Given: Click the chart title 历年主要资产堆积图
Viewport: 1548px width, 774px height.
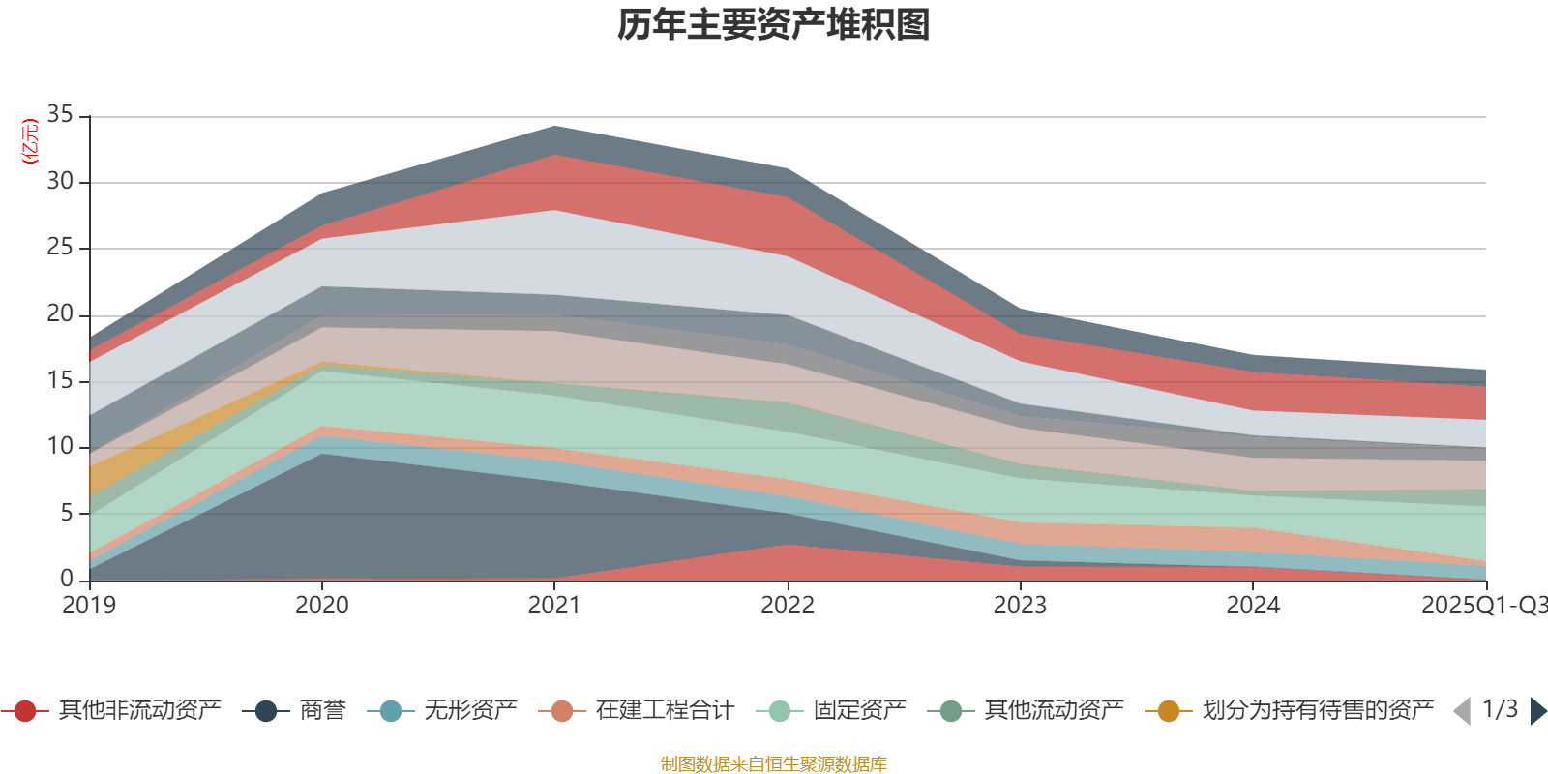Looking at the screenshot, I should point(774,25).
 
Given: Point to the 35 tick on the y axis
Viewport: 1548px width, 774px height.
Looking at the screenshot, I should point(60,115).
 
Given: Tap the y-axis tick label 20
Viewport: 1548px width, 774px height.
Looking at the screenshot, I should point(60,314).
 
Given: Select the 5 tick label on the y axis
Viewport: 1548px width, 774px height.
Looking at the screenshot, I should point(67,513).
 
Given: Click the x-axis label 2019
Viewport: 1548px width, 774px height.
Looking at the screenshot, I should point(89,606).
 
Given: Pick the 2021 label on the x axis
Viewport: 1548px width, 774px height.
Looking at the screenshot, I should point(554,606).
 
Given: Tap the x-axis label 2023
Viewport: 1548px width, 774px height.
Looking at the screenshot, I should point(1020,606).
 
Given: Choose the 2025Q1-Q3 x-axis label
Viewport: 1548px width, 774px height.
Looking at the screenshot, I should point(1483,606).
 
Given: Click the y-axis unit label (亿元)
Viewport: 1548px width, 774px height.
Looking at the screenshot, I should point(30,141).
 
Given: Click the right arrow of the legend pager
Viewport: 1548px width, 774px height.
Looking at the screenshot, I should point(1537,711).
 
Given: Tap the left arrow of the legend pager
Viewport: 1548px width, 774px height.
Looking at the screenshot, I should point(1462,711).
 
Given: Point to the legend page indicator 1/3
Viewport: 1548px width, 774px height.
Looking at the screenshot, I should point(1500,709).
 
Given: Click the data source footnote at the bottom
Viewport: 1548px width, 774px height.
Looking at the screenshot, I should point(774,764).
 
